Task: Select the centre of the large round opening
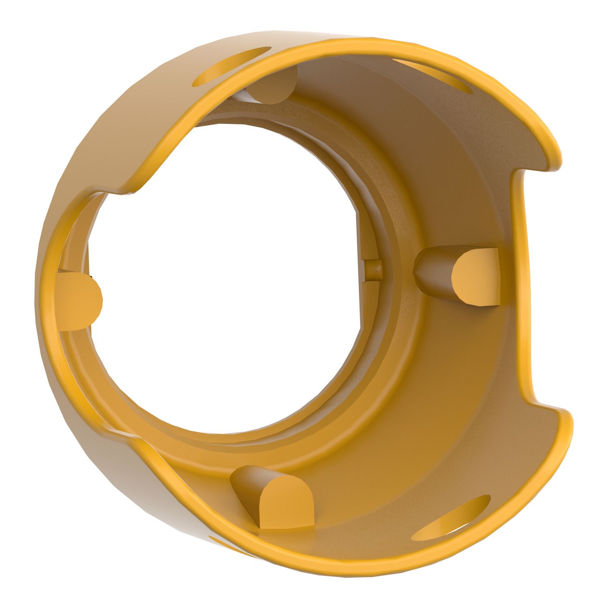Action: point(227,280)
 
